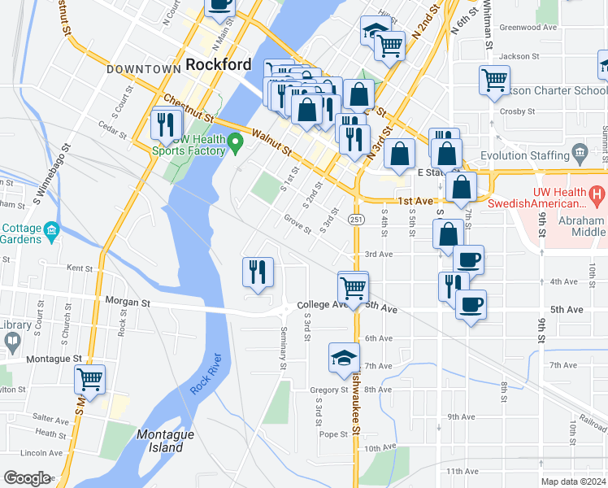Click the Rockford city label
pos(218,64)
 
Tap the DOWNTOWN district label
pos(142,69)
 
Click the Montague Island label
pos(165,441)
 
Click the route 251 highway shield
pos(357,220)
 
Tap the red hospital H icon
pos(597,194)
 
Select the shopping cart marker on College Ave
pos(353,287)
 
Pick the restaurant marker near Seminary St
pos(258,272)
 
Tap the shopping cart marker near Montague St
pos(89,379)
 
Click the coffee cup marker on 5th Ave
pos(471,305)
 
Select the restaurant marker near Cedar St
pos(165,124)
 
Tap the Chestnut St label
pos(187,109)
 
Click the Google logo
pos(27,478)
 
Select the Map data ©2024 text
pos(573,481)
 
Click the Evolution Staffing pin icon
pos(580,152)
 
